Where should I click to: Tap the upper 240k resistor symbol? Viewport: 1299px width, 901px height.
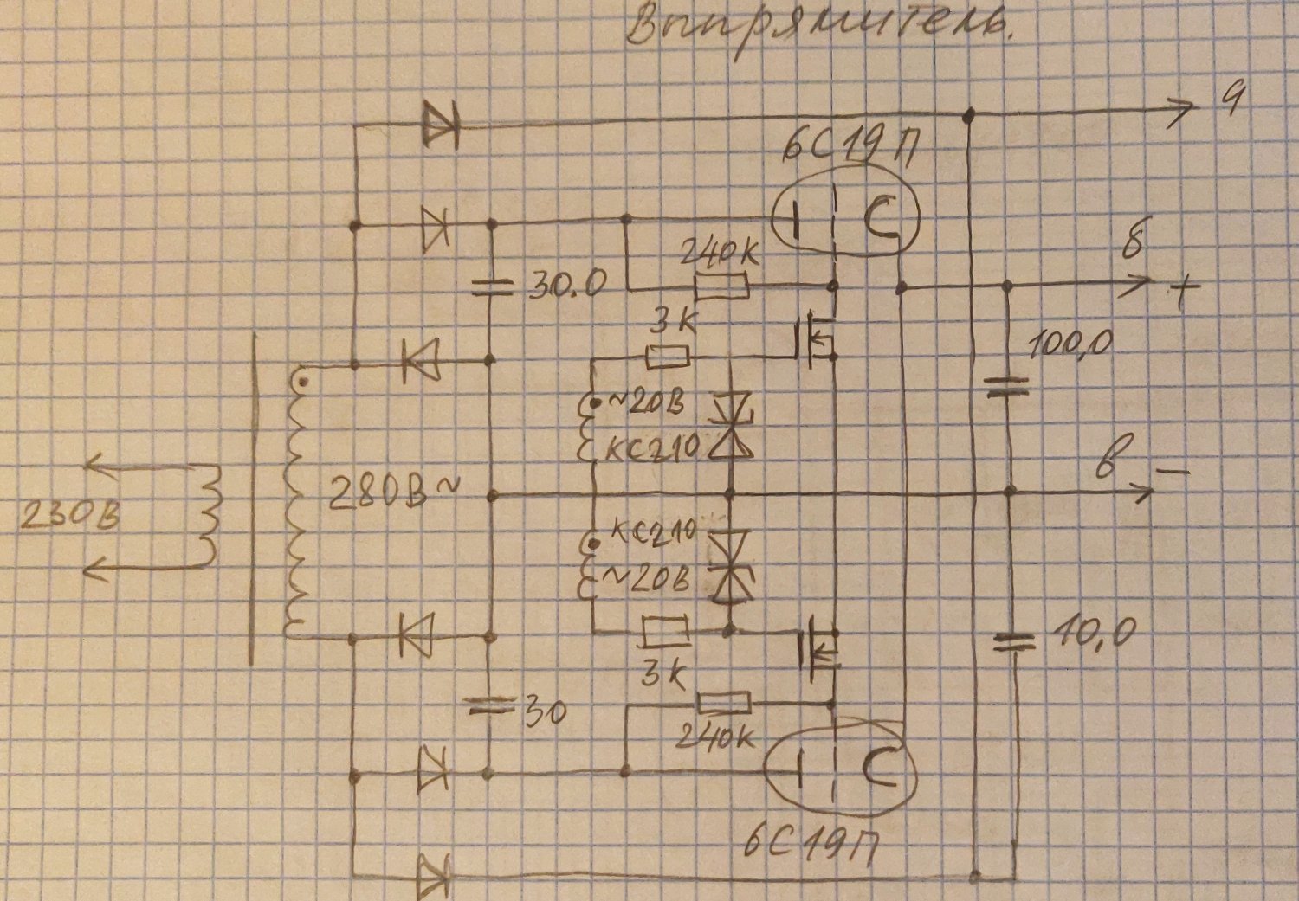click(722, 286)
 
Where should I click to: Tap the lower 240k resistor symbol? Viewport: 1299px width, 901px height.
click(722, 702)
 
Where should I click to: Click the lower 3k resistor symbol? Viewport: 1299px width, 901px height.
click(664, 631)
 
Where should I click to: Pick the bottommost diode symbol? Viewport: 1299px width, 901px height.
click(434, 876)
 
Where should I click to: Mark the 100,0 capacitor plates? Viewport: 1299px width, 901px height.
click(1008, 386)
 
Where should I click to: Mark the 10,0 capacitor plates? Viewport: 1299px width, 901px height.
click(1011, 641)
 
